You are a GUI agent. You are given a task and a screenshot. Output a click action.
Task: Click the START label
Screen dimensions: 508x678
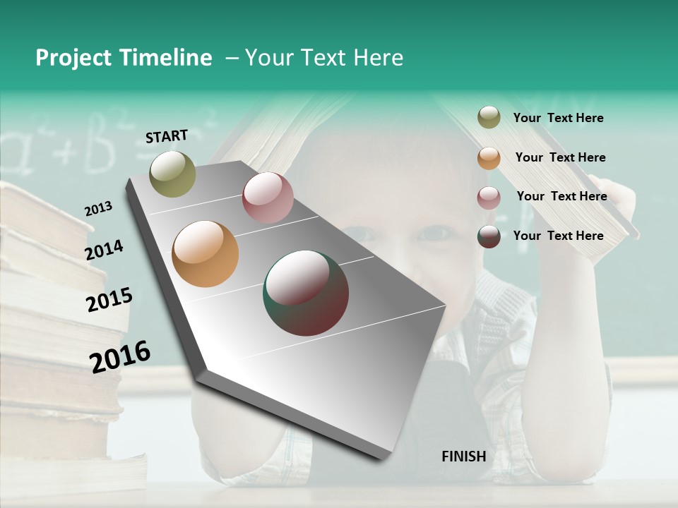point(167,136)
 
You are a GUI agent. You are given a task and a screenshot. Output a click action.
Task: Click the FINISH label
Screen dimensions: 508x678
point(463,456)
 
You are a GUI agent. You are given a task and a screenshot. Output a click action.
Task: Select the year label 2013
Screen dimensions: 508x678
point(98,209)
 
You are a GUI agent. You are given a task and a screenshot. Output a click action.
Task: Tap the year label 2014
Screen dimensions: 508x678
point(104,250)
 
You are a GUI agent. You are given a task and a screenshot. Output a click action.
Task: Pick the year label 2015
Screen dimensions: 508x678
point(109,300)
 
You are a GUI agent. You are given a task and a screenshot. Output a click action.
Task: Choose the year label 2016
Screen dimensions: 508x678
point(120,356)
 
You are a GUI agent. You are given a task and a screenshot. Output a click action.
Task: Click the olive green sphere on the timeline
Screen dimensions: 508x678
point(172,174)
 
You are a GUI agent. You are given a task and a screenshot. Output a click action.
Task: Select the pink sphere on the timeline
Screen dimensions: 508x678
point(268,198)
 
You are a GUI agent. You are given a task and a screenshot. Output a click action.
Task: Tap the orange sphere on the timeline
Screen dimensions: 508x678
point(205,254)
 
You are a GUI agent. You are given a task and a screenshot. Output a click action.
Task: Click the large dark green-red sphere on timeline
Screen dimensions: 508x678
point(306,292)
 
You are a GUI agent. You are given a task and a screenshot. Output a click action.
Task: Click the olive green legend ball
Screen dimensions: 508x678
point(489,118)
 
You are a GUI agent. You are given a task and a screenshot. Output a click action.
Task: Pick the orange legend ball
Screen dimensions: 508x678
point(489,158)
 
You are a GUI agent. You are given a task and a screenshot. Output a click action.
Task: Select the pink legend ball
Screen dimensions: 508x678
point(489,198)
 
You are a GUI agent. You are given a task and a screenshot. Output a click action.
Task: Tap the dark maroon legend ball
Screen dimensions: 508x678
point(489,236)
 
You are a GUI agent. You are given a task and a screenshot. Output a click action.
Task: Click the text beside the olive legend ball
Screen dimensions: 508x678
point(558,118)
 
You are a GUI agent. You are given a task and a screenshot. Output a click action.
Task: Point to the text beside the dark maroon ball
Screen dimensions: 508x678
point(558,236)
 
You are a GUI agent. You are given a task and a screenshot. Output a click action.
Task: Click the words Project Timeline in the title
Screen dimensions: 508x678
point(124,58)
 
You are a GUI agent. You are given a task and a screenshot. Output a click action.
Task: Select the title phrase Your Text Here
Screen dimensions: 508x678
point(324,58)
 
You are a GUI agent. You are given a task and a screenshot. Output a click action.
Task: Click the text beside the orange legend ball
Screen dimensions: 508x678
point(560,157)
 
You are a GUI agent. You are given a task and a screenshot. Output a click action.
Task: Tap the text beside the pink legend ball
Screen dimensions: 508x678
point(561,196)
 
